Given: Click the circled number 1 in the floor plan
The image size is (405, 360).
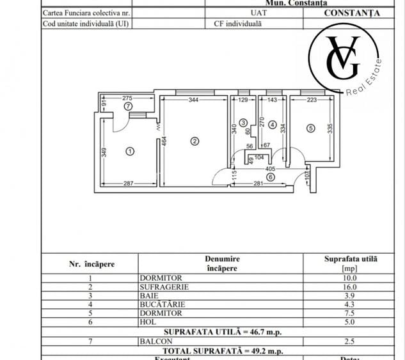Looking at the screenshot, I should [x=130, y=152].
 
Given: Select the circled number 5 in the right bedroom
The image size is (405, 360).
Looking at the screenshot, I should [x=310, y=128].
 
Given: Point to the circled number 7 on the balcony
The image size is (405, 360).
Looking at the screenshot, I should [x=128, y=106].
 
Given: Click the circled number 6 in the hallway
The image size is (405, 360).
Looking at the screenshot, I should [x=270, y=177].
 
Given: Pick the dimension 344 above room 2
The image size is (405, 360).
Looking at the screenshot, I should [x=193, y=100].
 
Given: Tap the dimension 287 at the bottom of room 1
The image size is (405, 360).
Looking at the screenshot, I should [x=129, y=184].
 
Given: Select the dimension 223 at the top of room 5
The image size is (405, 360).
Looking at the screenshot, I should [x=312, y=100].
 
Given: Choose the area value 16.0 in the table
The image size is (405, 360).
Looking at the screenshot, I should [x=349, y=287].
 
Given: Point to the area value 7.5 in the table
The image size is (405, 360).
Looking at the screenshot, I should [x=349, y=314].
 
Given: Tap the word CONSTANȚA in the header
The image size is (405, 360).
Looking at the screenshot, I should [x=351, y=13].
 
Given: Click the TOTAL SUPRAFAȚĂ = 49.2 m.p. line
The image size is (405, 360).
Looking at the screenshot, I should [x=222, y=350].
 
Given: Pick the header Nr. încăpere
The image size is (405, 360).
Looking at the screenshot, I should [x=92, y=263].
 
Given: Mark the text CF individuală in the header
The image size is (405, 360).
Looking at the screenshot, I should [x=238, y=24].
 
